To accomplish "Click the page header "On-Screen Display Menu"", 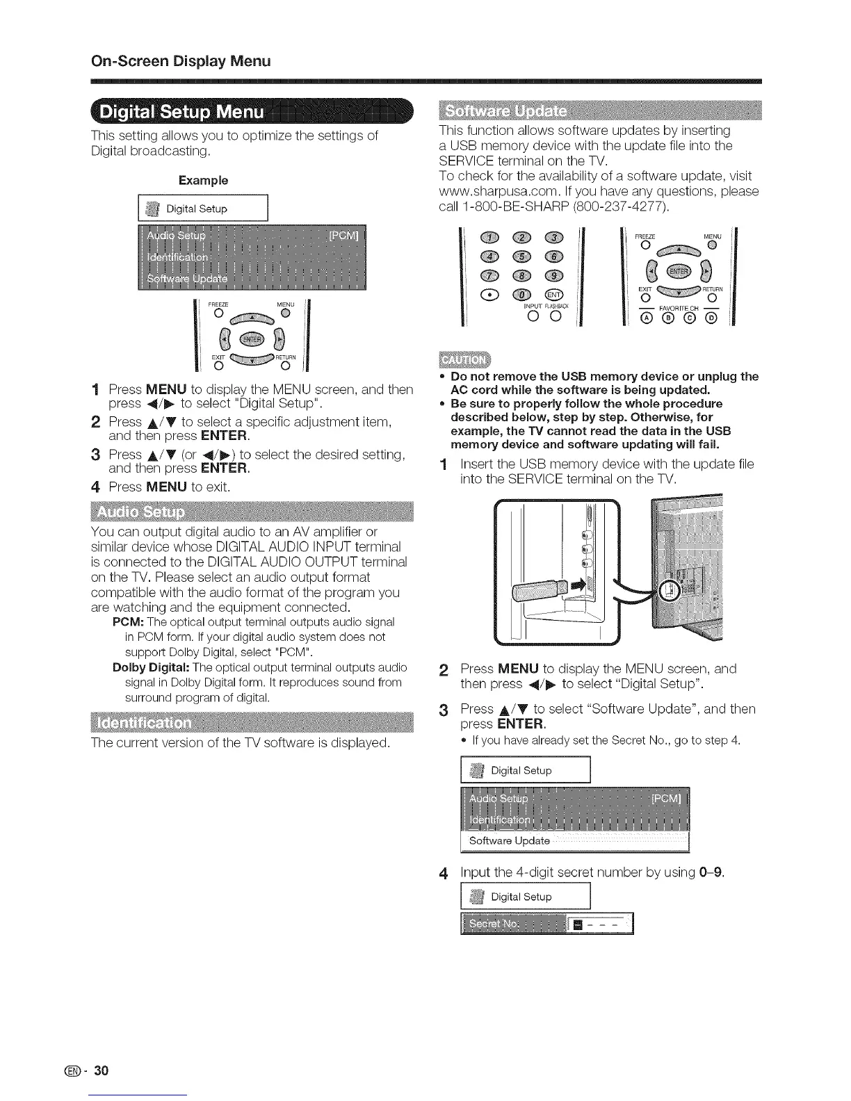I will click(x=181, y=60).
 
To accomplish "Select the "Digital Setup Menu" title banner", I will click(x=182, y=112).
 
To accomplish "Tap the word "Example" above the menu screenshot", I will click(x=203, y=181).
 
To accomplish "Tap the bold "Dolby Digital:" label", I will click(x=152, y=668).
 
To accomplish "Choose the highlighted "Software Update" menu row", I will click(x=574, y=841).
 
